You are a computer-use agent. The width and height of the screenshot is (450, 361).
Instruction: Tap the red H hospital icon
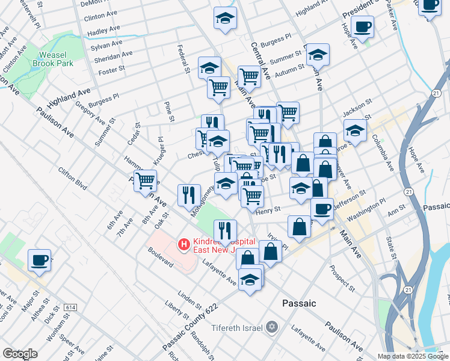[x=183, y=245]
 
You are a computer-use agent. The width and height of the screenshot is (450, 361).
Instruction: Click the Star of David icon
[x=273, y=327]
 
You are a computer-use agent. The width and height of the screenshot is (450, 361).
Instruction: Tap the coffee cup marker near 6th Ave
[x=40, y=261]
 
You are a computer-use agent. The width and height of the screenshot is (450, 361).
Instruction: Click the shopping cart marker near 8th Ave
[x=145, y=180]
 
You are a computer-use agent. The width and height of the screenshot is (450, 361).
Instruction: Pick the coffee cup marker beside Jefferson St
[x=322, y=209]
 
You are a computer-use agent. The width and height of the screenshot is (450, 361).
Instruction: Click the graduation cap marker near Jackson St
[x=355, y=130]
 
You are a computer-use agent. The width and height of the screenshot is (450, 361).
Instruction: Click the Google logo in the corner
[x=20, y=354]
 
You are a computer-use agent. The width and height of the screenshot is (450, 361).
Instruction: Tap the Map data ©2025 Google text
[x=413, y=356]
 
